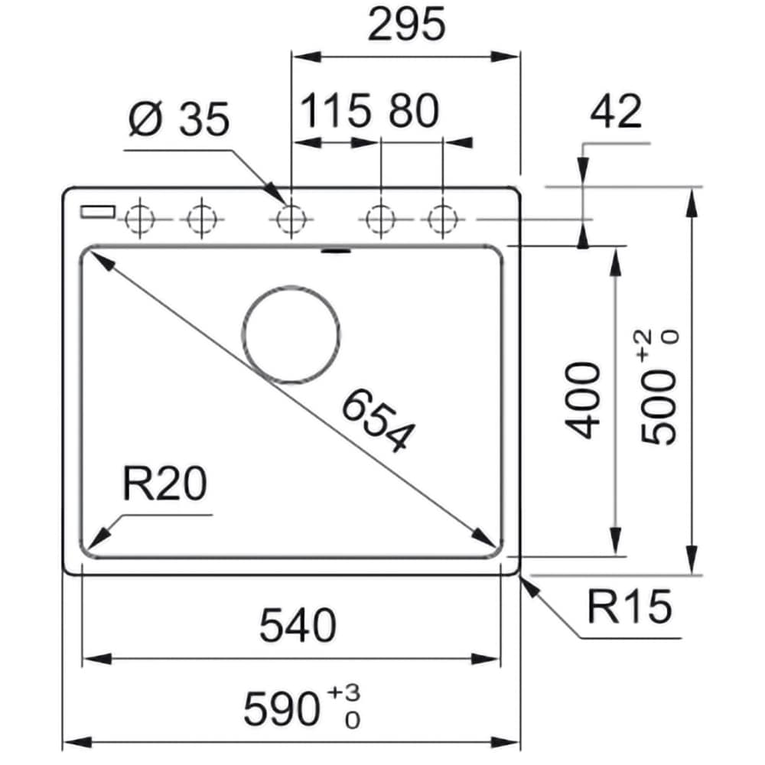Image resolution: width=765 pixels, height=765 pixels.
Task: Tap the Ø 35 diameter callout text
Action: [179, 120]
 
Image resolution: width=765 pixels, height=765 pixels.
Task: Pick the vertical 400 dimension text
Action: [586, 400]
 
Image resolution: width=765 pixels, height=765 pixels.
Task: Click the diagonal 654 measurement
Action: [376, 420]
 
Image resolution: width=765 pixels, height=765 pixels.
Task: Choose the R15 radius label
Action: [629, 607]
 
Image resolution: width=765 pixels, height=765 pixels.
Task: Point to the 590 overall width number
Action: [281, 709]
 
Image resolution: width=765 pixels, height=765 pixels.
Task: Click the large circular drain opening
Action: [291, 335]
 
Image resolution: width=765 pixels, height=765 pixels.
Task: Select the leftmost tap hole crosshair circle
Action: [139, 220]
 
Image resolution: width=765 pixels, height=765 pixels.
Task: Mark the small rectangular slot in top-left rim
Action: [97, 211]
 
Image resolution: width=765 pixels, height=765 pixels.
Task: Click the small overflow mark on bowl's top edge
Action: [335, 249]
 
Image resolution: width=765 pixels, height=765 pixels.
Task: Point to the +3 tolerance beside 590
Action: [343, 693]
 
